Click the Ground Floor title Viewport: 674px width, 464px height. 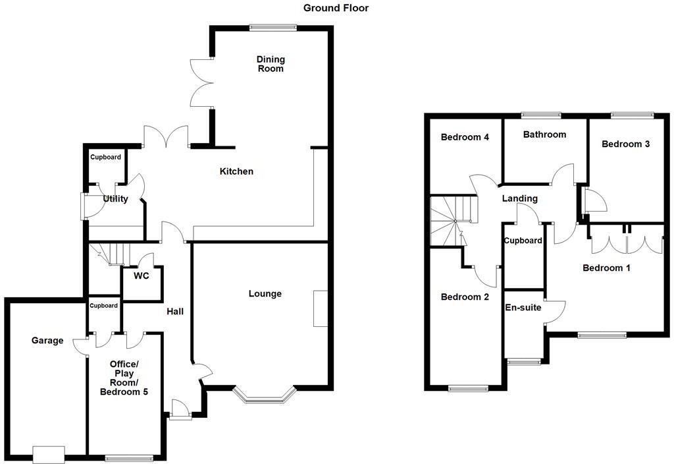point(336,8)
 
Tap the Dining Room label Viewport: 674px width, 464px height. point(271,64)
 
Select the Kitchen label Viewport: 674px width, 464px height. point(236,171)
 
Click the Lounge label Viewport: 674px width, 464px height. point(265,293)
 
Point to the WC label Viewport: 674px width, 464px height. point(141,276)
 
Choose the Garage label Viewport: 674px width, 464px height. point(48,341)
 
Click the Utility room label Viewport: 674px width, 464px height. point(115,199)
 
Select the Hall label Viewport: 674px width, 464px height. point(175,312)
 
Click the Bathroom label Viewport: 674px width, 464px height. point(544,134)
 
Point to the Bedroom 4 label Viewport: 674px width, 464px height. point(465,138)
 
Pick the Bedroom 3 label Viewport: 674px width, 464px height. point(625,144)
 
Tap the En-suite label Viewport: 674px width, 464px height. point(523,307)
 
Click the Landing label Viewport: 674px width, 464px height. point(519,198)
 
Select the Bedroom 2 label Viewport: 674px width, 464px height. point(465,297)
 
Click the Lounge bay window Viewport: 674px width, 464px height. point(265,396)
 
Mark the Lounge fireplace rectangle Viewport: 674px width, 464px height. point(321,308)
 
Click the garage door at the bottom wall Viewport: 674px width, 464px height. point(49,454)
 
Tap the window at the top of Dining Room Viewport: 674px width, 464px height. point(273,27)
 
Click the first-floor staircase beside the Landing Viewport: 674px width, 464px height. point(450,220)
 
